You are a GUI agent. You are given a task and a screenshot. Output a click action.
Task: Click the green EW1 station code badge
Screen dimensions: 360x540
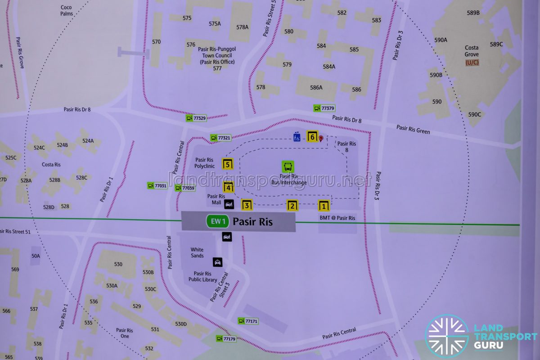pyautogui.click(x=218, y=221)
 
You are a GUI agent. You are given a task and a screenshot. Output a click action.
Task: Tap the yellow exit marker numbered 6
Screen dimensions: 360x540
pyautogui.click(x=312, y=136)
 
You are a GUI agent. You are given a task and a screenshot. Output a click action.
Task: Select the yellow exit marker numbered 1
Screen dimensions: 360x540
pyautogui.click(x=324, y=206)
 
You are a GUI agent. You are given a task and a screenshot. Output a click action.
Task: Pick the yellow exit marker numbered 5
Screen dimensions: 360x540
pyautogui.click(x=228, y=164)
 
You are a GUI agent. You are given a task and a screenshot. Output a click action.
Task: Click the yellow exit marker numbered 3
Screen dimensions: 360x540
pyautogui.click(x=247, y=205)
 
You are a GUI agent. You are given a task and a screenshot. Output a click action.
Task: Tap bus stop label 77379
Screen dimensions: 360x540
pyautogui.click(x=324, y=108)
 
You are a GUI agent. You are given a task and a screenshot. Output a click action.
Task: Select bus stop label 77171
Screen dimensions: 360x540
pyautogui.click(x=248, y=321)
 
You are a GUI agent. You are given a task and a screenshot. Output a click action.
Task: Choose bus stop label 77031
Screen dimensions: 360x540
pyautogui.click(x=157, y=185)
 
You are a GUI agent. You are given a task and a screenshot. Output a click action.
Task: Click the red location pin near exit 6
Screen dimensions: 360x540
pyautogui.click(x=321, y=139)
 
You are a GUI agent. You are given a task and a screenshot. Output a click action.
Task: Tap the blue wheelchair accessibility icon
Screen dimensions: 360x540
pyautogui.click(x=297, y=136)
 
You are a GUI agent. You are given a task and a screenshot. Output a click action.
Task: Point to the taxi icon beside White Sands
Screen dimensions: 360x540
pyautogui.click(x=218, y=262)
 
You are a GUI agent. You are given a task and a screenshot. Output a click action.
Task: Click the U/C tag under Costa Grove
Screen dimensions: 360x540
pyautogui.click(x=472, y=63)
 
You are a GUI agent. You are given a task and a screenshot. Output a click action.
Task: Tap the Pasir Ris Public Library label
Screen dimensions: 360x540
pyautogui.click(x=202, y=276)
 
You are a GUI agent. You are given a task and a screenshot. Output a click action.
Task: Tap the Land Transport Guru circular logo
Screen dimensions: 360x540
pyautogui.click(x=447, y=336)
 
